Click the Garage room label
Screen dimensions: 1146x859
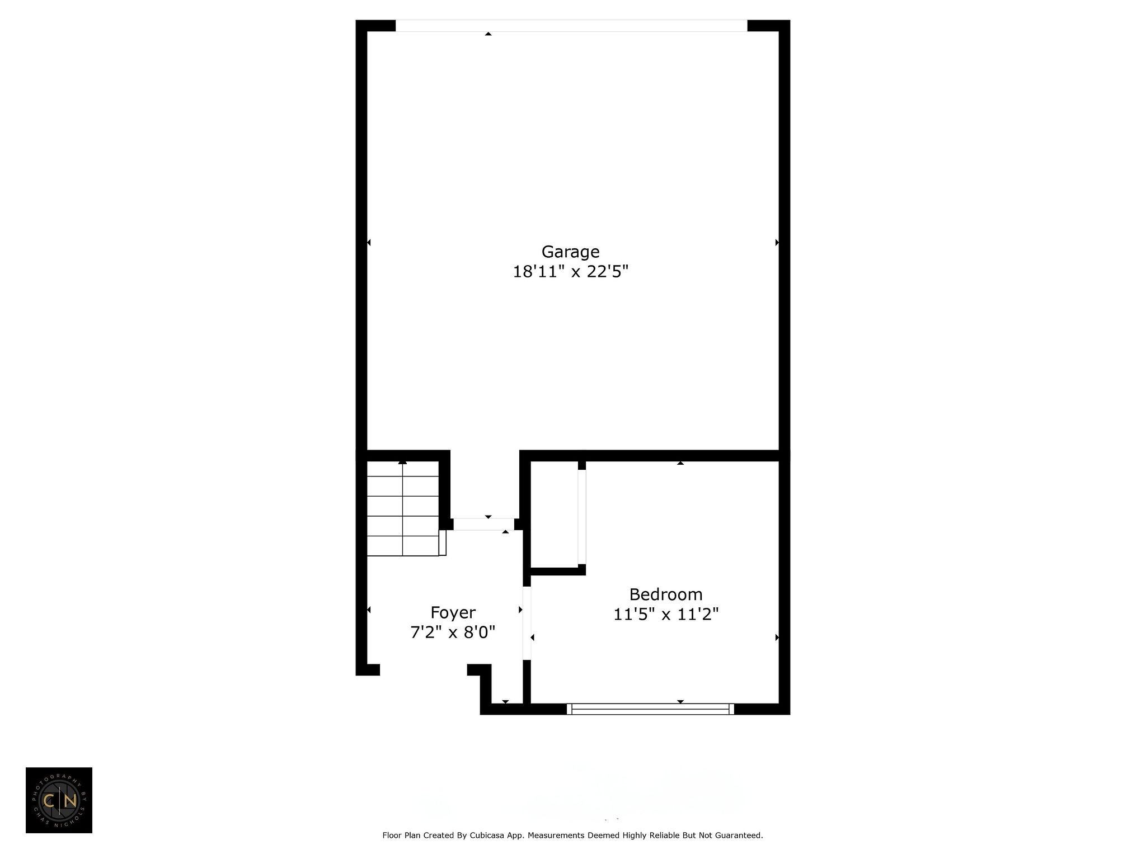tap(570, 252)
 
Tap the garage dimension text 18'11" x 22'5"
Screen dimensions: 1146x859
tap(571, 272)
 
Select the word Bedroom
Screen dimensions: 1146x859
tap(666, 594)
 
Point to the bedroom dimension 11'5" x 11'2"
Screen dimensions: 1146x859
tap(666, 614)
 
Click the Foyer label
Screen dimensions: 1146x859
tap(453, 613)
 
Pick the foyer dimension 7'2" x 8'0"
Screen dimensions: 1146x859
tap(453, 633)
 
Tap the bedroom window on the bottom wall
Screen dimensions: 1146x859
tap(650, 709)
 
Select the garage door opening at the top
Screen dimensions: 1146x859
tap(571, 26)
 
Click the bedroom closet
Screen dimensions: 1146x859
tap(554, 515)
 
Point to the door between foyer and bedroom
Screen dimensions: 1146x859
tap(527, 623)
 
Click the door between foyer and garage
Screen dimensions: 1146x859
tap(483, 524)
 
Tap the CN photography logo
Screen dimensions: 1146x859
tap(59, 800)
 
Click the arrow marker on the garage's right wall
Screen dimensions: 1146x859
tap(777, 242)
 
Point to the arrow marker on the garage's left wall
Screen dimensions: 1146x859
tap(369, 242)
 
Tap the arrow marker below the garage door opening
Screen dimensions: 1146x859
tap(489, 34)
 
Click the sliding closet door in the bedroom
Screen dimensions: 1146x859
tap(582, 517)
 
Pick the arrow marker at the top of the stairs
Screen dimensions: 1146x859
tap(402, 462)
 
